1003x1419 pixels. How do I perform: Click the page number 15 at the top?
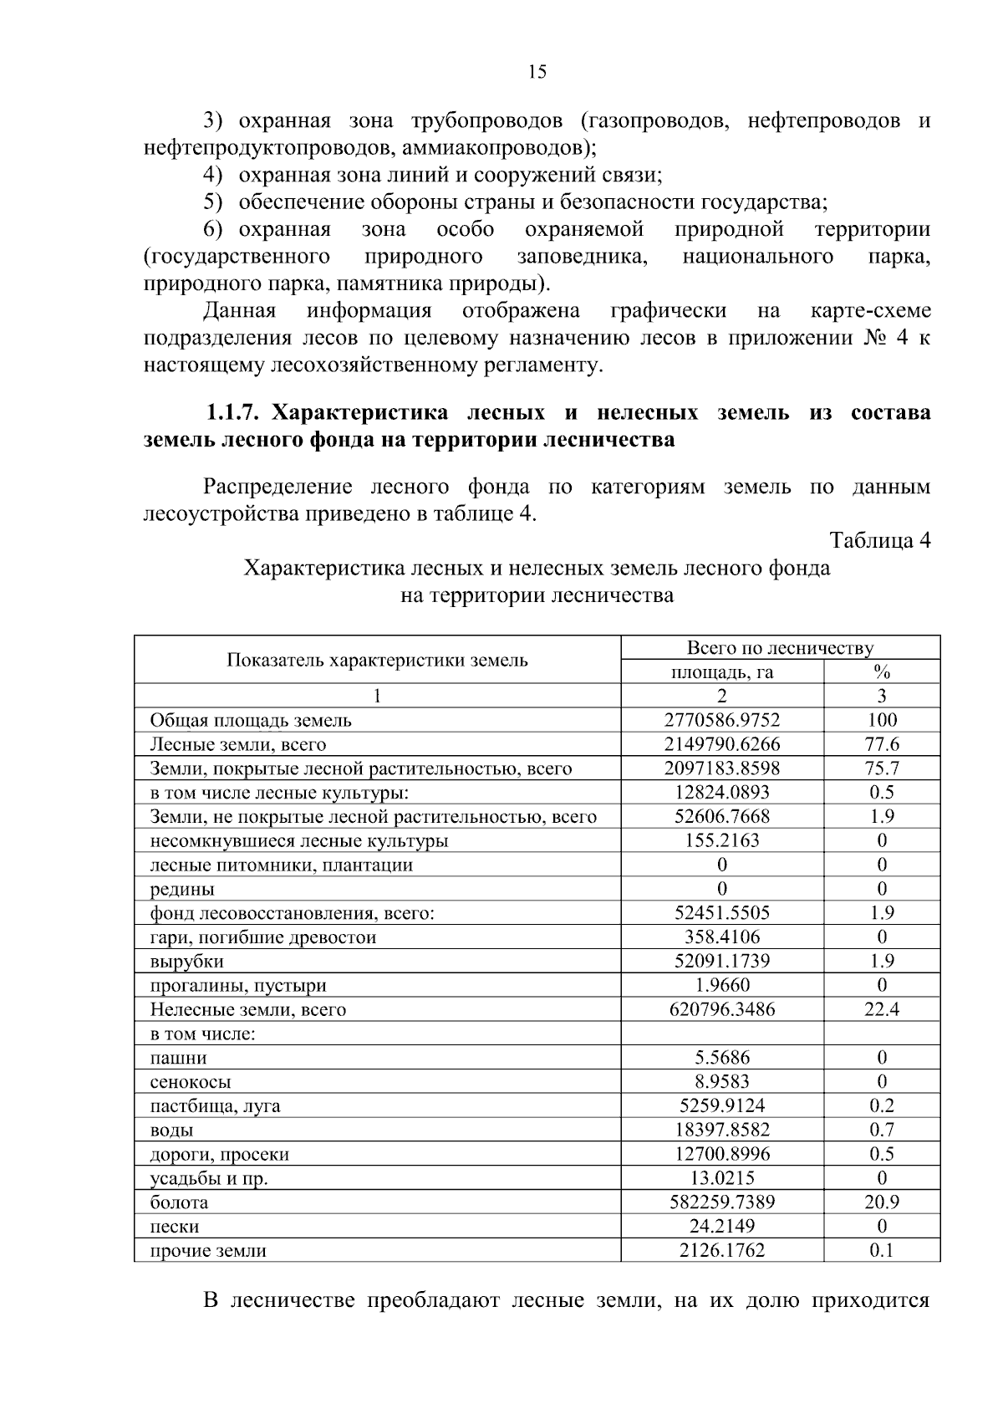pyautogui.click(x=537, y=73)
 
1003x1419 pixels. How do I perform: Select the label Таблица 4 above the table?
pyautogui.click(x=879, y=541)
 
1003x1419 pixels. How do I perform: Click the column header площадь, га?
pyautogui.click(x=722, y=672)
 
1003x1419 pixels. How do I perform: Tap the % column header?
pyautogui.click(x=882, y=672)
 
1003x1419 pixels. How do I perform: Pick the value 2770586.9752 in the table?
pyautogui.click(x=722, y=721)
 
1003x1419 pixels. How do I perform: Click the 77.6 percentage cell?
pyautogui.click(x=882, y=745)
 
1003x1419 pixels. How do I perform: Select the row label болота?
pyautogui.click(x=179, y=1203)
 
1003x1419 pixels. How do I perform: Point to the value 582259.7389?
pyautogui.click(x=722, y=1203)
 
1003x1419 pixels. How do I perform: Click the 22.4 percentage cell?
pyautogui.click(x=882, y=1010)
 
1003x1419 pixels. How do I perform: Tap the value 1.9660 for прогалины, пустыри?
pyautogui.click(x=722, y=986)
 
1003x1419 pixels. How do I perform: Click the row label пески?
pyautogui.click(x=174, y=1228)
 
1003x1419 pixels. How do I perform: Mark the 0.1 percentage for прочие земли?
pyautogui.click(x=882, y=1252)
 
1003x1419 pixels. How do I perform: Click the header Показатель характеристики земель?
pyautogui.click(x=377, y=661)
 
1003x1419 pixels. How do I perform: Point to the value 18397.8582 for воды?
pyautogui.click(x=722, y=1131)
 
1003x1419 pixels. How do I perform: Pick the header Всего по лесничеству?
pyautogui.click(x=780, y=648)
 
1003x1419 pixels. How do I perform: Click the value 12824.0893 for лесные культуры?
pyautogui.click(x=722, y=793)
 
